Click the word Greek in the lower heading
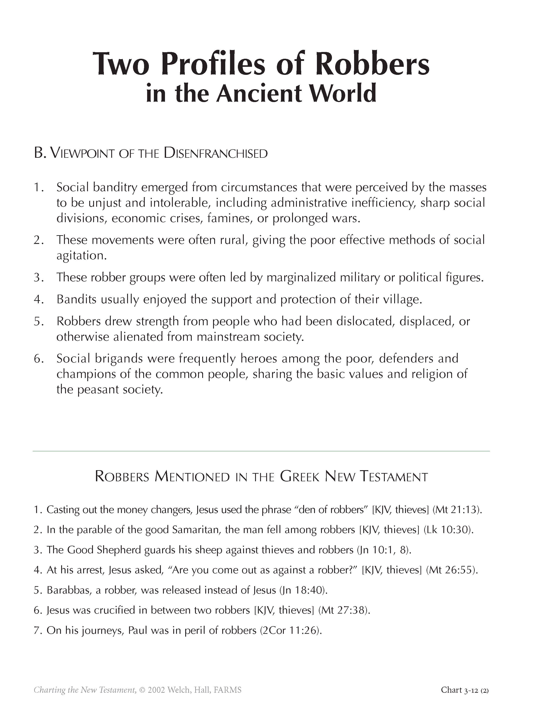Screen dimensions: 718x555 coord(299,477)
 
